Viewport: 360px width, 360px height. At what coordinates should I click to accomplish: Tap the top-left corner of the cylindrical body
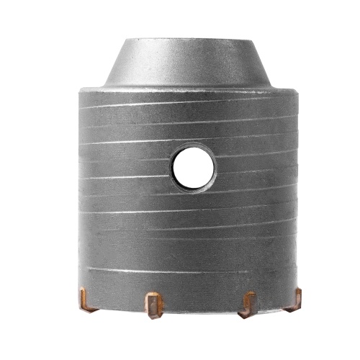pos(76,91)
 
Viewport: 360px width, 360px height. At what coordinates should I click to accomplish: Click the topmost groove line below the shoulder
pos(187,107)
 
